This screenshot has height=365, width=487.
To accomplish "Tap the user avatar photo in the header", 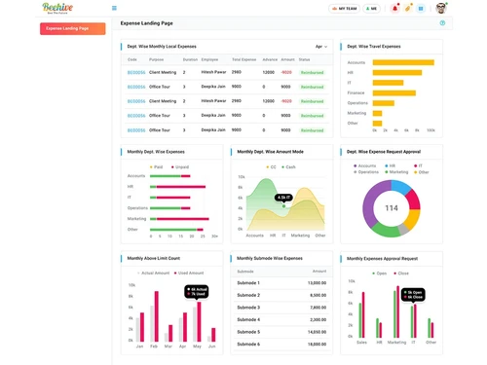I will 440,8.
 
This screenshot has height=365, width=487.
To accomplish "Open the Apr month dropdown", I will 320,46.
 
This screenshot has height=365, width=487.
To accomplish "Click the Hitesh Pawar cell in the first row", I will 213,71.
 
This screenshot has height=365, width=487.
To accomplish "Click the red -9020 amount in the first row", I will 286,71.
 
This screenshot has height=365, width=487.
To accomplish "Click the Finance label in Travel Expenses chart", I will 357,92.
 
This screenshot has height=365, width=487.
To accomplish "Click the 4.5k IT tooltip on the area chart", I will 282,198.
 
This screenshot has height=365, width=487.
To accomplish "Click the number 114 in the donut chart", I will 392,208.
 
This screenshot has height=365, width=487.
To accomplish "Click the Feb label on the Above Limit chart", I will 154,347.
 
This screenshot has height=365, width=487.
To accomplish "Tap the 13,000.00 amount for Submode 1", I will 316,281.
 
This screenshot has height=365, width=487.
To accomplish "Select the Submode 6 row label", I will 248,331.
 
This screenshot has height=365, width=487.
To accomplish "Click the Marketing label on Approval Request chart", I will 396,343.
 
